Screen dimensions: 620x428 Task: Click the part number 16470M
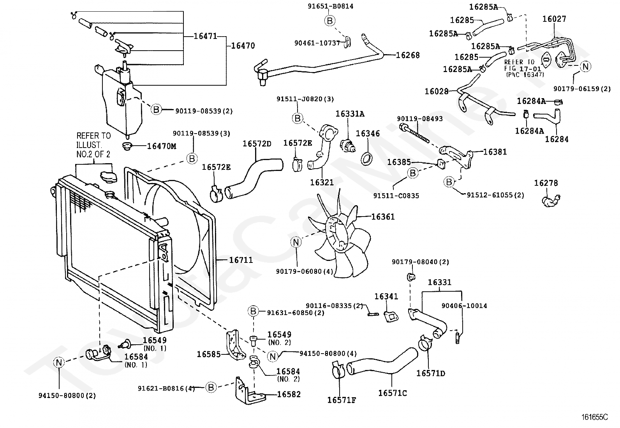[161, 146]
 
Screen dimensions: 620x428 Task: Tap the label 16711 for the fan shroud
[241, 260]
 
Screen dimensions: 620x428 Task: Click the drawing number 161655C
[595, 417]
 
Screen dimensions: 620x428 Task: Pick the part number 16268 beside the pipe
[408, 55]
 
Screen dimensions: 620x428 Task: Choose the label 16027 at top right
[554, 19]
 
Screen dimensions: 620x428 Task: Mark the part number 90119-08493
[419, 118]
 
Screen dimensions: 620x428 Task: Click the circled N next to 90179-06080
[296, 242]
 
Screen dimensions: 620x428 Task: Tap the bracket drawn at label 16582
[249, 391]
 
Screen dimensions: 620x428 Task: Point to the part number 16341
[386, 296]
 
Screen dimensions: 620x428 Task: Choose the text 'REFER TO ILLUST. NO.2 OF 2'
[93, 145]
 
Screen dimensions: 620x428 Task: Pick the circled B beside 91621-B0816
[211, 387]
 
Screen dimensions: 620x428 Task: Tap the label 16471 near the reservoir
[205, 36]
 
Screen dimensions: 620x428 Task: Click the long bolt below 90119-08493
[414, 134]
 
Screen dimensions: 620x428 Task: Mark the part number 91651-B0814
[331, 6]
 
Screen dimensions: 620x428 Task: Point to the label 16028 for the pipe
[437, 91]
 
